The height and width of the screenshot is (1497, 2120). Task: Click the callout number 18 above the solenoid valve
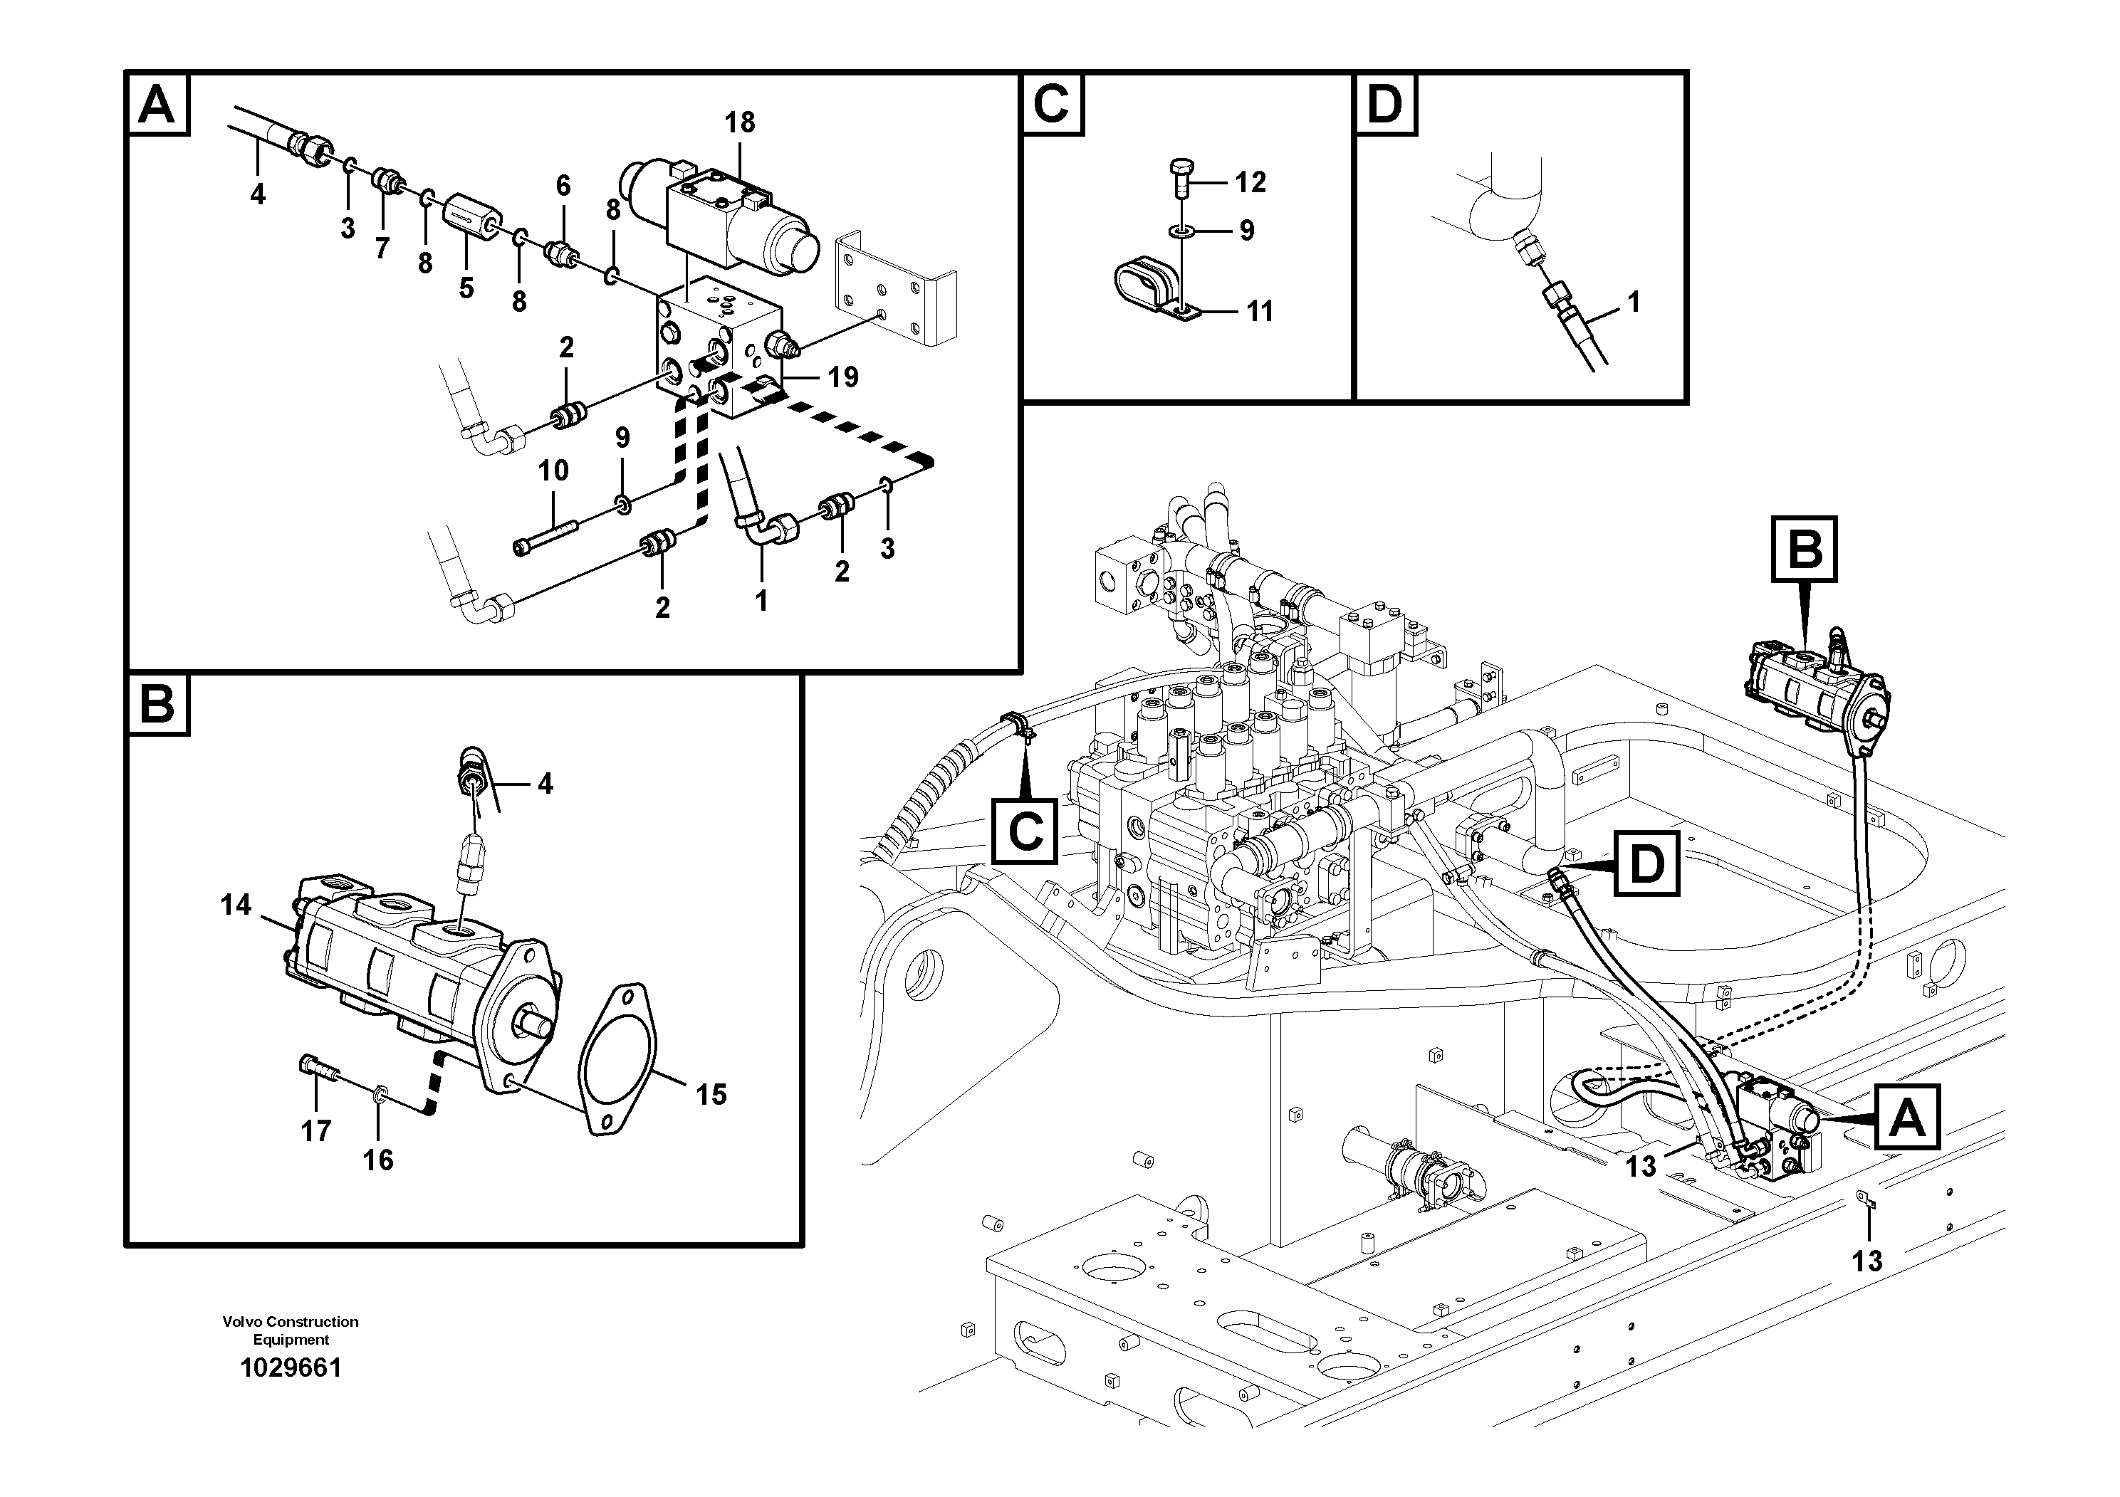[740, 122]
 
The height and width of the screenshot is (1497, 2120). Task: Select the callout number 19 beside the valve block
[842, 377]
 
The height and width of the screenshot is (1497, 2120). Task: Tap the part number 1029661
[291, 1367]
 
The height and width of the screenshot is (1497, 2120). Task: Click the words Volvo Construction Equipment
[291, 1330]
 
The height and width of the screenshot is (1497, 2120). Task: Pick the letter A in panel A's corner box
[156, 105]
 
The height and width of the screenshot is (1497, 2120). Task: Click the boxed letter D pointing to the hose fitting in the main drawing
[1646, 865]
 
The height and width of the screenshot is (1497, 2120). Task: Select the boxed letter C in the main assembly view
[1025, 831]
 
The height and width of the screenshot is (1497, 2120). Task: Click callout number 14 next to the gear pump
[236, 905]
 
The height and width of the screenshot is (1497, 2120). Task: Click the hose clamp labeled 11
[1145, 293]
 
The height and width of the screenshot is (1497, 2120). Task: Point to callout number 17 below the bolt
[315, 1130]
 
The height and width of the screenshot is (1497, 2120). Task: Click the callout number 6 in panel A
[563, 186]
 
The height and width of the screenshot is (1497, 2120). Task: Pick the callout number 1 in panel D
[1634, 302]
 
